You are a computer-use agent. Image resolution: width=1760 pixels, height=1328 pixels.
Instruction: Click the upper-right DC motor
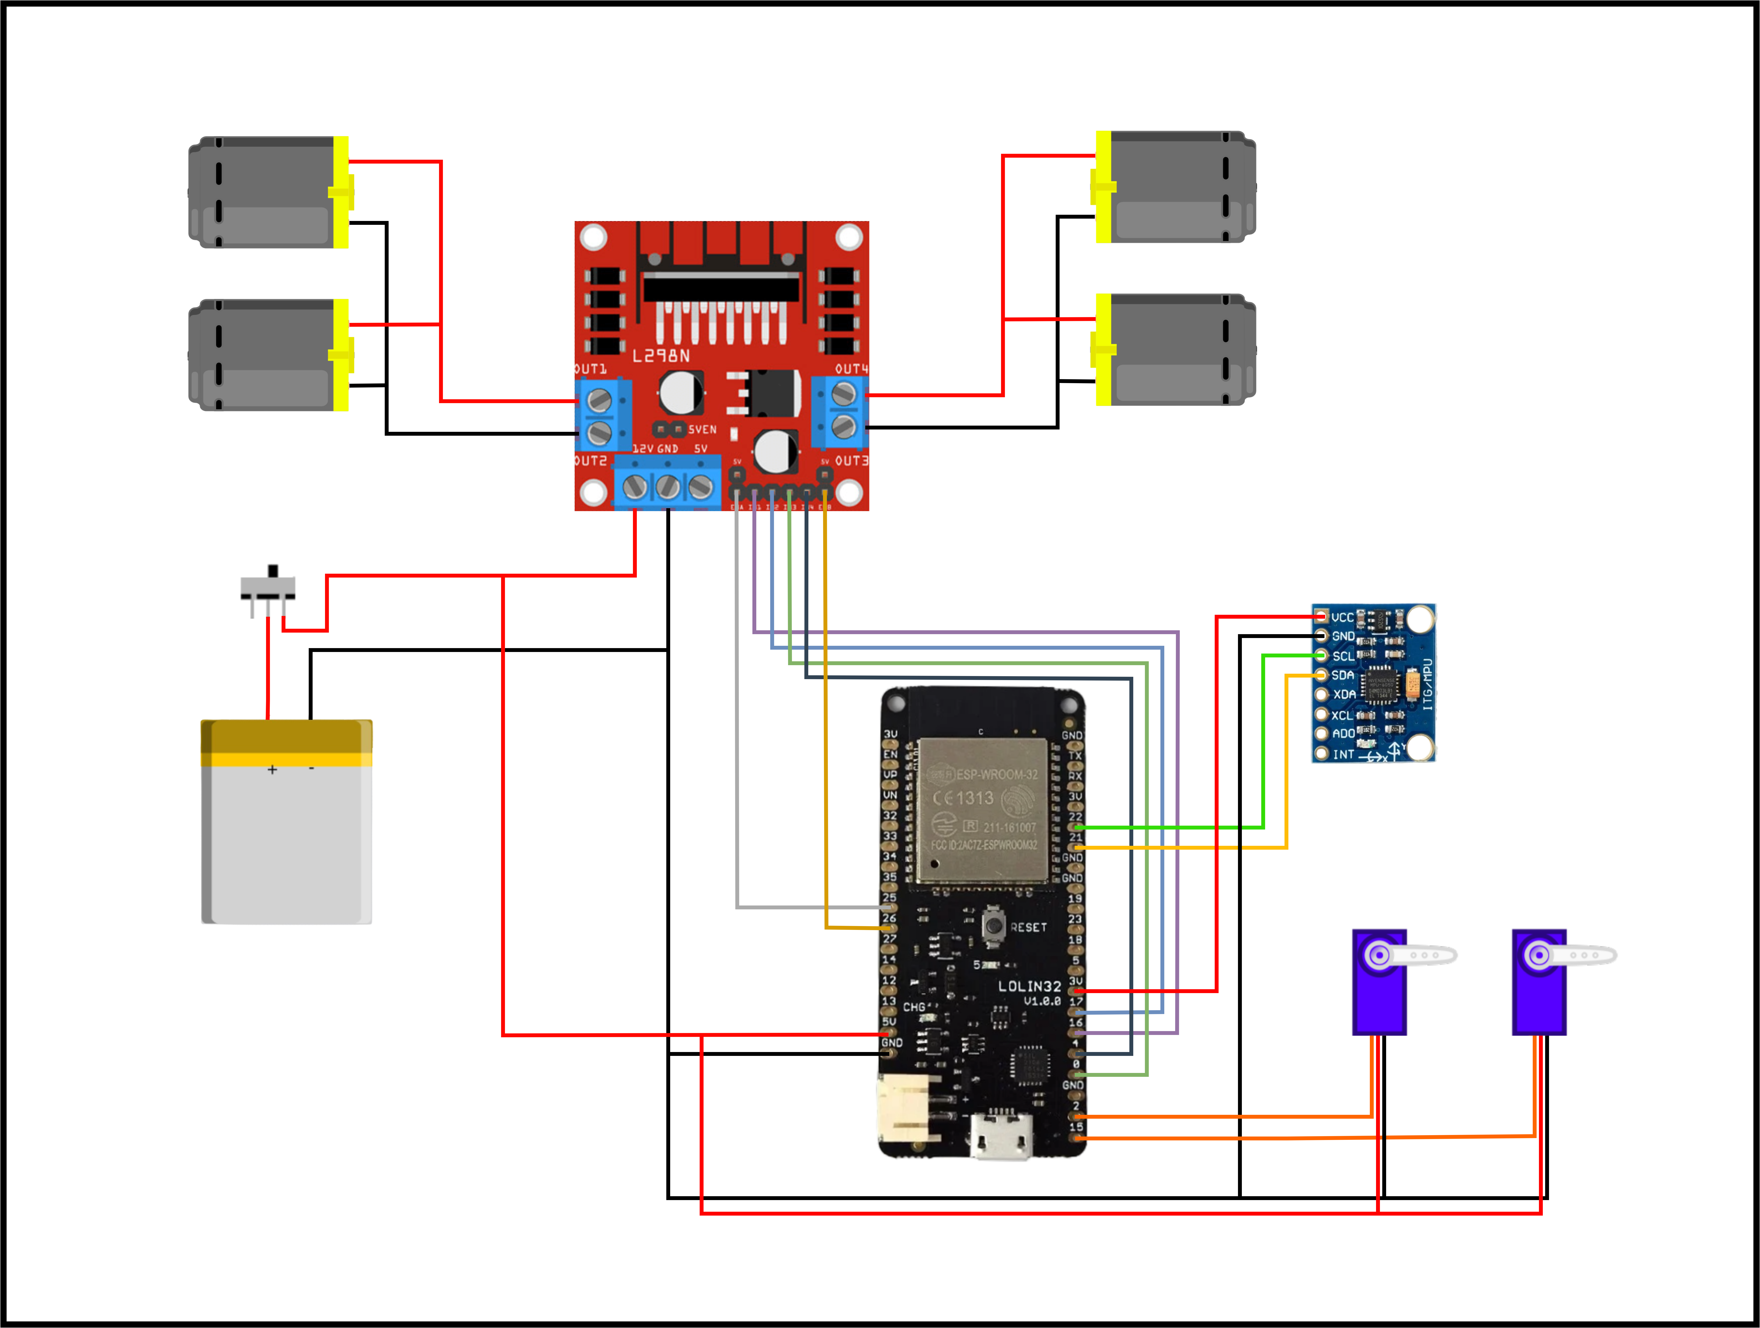click(x=1178, y=187)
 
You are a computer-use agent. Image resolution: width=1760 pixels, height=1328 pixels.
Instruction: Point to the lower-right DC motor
click(x=1178, y=350)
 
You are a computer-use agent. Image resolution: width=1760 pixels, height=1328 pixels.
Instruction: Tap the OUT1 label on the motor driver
click(x=590, y=369)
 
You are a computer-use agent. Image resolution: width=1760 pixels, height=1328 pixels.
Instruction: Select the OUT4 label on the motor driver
click(x=851, y=369)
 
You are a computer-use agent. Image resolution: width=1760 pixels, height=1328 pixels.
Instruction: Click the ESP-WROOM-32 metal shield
click(x=983, y=811)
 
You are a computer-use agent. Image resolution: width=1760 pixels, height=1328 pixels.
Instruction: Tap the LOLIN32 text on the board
click(x=1029, y=986)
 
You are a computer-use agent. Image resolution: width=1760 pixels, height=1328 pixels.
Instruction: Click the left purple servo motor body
click(x=1379, y=994)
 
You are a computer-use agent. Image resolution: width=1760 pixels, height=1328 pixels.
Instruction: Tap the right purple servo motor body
click(x=1539, y=994)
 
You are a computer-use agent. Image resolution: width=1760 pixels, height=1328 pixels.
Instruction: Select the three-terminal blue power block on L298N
click(x=667, y=484)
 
